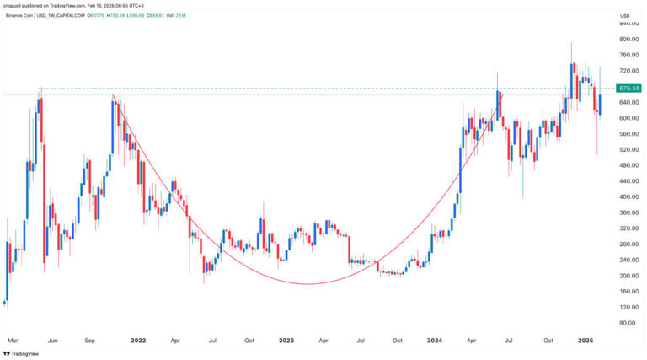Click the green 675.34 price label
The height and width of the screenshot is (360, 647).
pyautogui.click(x=628, y=88)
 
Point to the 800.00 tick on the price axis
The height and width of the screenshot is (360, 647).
pyautogui.click(x=628, y=40)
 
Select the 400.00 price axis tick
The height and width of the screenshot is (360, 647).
pyautogui.click(x=628, y=196)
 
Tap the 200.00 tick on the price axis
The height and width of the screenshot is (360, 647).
pyautogui.click(x=628, y=276)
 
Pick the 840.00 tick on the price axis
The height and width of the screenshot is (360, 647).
pyautogui.click(x=628, y=24)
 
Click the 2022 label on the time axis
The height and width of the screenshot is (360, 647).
pyautogui.click(x=139, y=341)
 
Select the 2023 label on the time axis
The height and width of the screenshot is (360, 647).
pyautogui.click(x=286, y=341)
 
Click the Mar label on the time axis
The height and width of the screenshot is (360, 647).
pyautogui.click(x=13, y=341)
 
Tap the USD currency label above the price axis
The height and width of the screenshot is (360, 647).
pyautogui.click(x=624, y=16)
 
